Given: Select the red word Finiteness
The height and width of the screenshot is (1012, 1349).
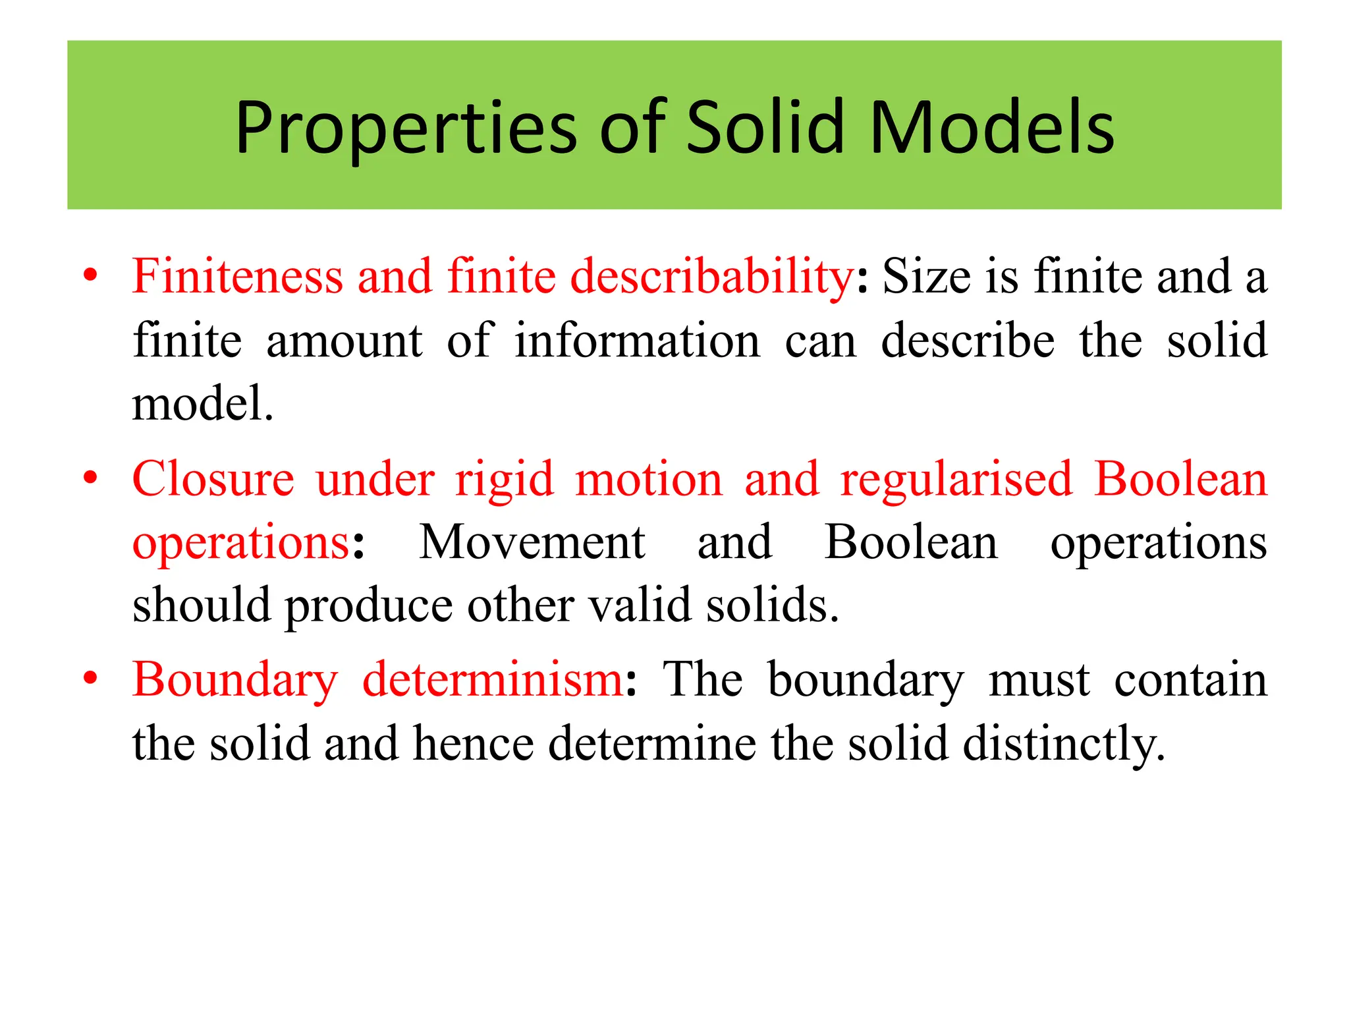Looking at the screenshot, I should click(238, 276).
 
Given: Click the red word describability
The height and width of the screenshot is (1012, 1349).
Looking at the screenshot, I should click(712, 277).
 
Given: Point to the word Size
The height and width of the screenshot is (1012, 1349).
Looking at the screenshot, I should click(926, 276).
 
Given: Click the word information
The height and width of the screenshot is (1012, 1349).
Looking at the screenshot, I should click(637, 341).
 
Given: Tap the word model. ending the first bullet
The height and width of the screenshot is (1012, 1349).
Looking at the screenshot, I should click(202, 403).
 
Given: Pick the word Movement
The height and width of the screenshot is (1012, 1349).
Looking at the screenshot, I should click(532, 542).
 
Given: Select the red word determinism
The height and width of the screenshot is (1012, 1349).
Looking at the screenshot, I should click(493, 679).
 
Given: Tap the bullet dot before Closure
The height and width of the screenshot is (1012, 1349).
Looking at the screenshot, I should click(91, 476).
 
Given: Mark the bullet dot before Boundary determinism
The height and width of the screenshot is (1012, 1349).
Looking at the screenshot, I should click(91, 677).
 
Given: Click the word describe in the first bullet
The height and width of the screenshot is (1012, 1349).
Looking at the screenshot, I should click(968, 341).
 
